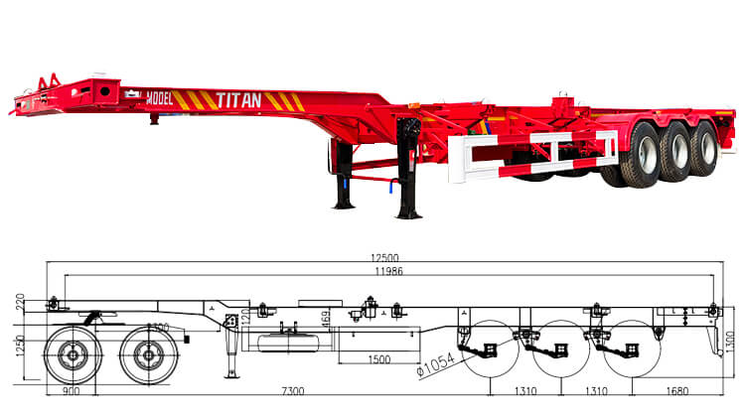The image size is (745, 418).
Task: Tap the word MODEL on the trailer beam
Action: (159, 98)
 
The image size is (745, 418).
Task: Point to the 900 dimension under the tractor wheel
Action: (69, 393)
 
